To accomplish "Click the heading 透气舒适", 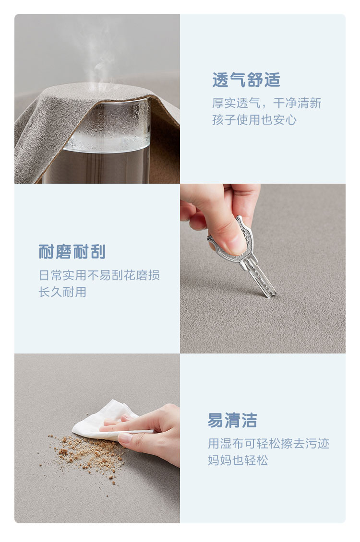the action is coord(246,80).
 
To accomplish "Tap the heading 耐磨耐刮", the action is coord(72,252).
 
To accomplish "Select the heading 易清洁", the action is coord(232,420).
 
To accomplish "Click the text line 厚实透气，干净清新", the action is coord(266,103).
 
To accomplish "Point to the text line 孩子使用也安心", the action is coord(254,119).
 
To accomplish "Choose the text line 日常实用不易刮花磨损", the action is coord(99,275).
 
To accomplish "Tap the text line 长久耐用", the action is coord(62,292).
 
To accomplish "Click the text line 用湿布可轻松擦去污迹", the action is coord(268,444).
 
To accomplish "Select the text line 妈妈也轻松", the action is coord(238,460).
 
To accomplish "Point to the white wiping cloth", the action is coord(107,419).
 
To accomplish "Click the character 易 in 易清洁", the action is coord(215,420).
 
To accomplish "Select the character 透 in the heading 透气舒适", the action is coord(220,80).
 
